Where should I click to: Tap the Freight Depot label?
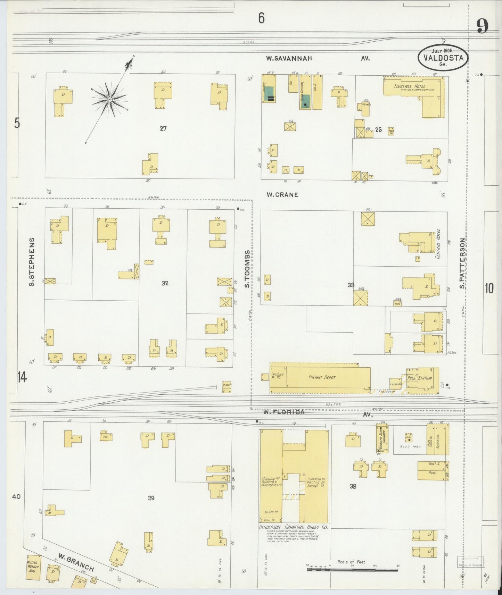point(322,377)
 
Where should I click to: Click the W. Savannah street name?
point(289,59)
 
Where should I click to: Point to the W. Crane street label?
point(282,195)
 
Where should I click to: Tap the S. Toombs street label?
point(247,269)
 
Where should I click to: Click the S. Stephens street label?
point(32,262)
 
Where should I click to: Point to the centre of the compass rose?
point(109,100)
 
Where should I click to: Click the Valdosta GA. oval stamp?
point(443,57)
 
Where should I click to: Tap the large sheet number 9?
point(482,26)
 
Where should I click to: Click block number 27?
point(163,129)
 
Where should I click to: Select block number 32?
point(165,283)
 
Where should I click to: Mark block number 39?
point(151,498)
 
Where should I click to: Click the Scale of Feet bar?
point(352,570)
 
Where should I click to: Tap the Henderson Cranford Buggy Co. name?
point(294,527)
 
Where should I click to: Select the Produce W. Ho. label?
point(278,376)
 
